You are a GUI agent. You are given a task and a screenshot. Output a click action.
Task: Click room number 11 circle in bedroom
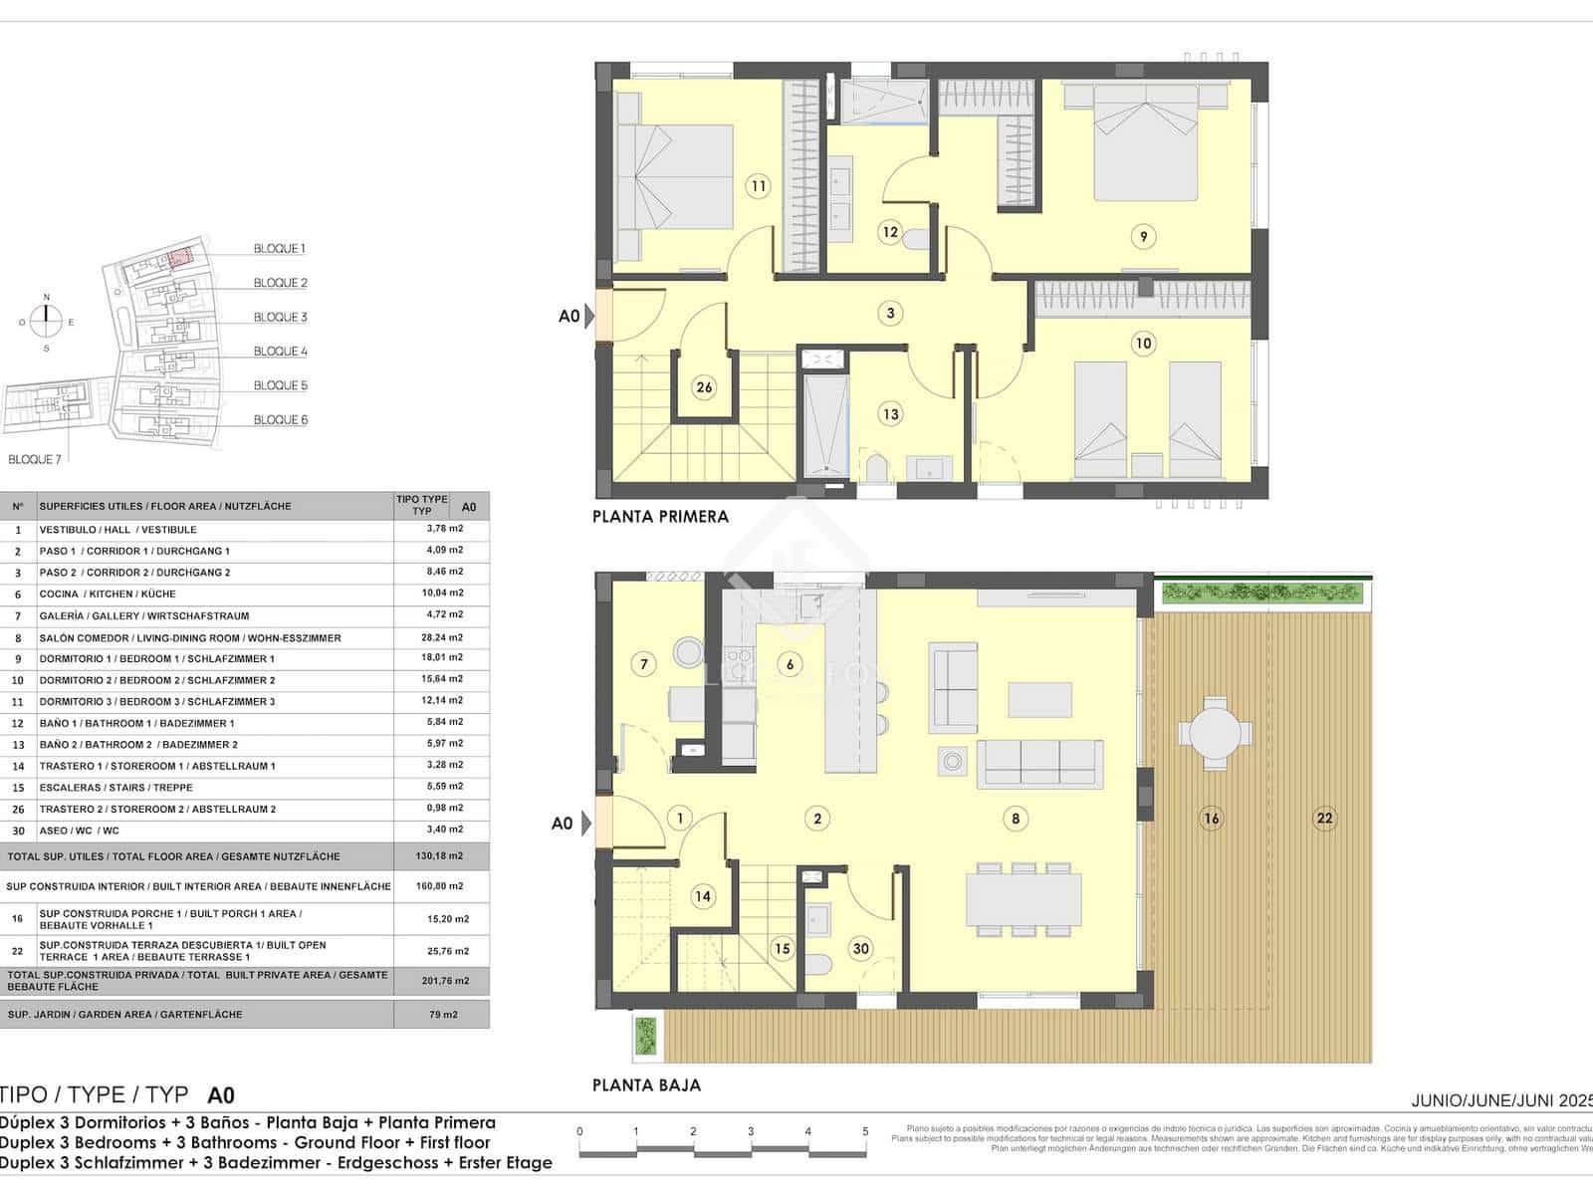click(758, 186)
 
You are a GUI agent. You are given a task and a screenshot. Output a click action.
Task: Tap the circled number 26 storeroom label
click(704, 387)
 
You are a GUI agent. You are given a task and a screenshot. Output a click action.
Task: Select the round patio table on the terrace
click(1211, 735)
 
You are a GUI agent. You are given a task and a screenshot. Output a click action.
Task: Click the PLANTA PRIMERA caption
click(660, 516)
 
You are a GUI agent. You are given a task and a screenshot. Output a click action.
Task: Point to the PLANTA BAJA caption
click(646, 1085)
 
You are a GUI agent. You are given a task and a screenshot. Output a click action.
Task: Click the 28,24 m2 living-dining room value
click(442, 637)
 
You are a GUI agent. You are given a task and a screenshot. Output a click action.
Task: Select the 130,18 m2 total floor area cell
click(442, 856)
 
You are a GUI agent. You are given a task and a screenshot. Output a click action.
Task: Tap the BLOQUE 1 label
click(280, 249)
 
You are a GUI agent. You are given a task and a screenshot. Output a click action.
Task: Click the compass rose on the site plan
click(46, 321)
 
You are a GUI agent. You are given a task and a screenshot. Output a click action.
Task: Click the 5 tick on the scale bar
click(865, 1131)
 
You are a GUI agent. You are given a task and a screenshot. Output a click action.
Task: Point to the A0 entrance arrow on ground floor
click(587, 823)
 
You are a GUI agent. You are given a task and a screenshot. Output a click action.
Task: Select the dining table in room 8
click(1024, 899)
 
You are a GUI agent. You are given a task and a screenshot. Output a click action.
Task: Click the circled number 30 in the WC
click(860, 949)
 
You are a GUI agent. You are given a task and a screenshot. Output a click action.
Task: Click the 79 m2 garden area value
click(442, 1015)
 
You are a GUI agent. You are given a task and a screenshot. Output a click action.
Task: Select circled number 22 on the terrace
click(1323, 819)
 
